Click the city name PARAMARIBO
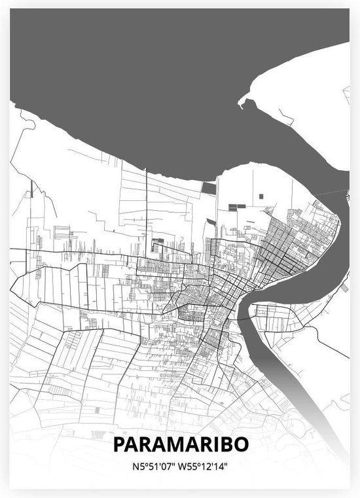point(180,444)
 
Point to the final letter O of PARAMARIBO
point(242,444)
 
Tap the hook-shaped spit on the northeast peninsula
point(245,101)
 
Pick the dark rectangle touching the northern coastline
point(208,188)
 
